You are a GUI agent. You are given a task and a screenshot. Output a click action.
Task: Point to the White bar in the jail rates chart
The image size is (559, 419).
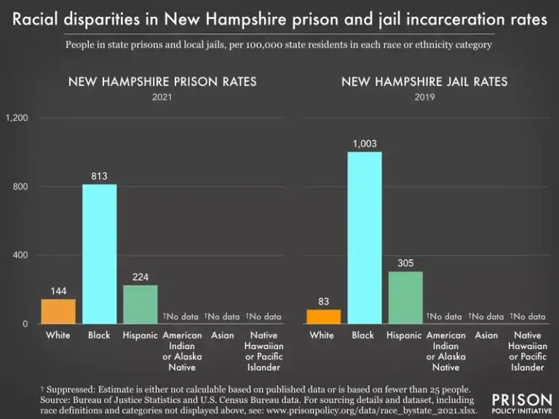(x=323, y=316)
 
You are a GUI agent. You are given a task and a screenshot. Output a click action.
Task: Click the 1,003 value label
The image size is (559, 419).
(x=364, y=144)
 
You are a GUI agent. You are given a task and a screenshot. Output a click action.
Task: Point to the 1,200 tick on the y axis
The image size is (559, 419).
(x=17, y=118)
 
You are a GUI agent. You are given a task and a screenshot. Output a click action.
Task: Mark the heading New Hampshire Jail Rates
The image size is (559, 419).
(x=424, y=81)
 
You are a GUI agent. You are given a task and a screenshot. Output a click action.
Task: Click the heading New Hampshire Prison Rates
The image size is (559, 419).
(x=162, y=81)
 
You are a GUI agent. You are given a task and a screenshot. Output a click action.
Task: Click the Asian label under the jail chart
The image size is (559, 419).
(x=486, y=335)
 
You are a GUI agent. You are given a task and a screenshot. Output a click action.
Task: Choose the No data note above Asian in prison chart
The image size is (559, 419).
(x=221, y=316)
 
